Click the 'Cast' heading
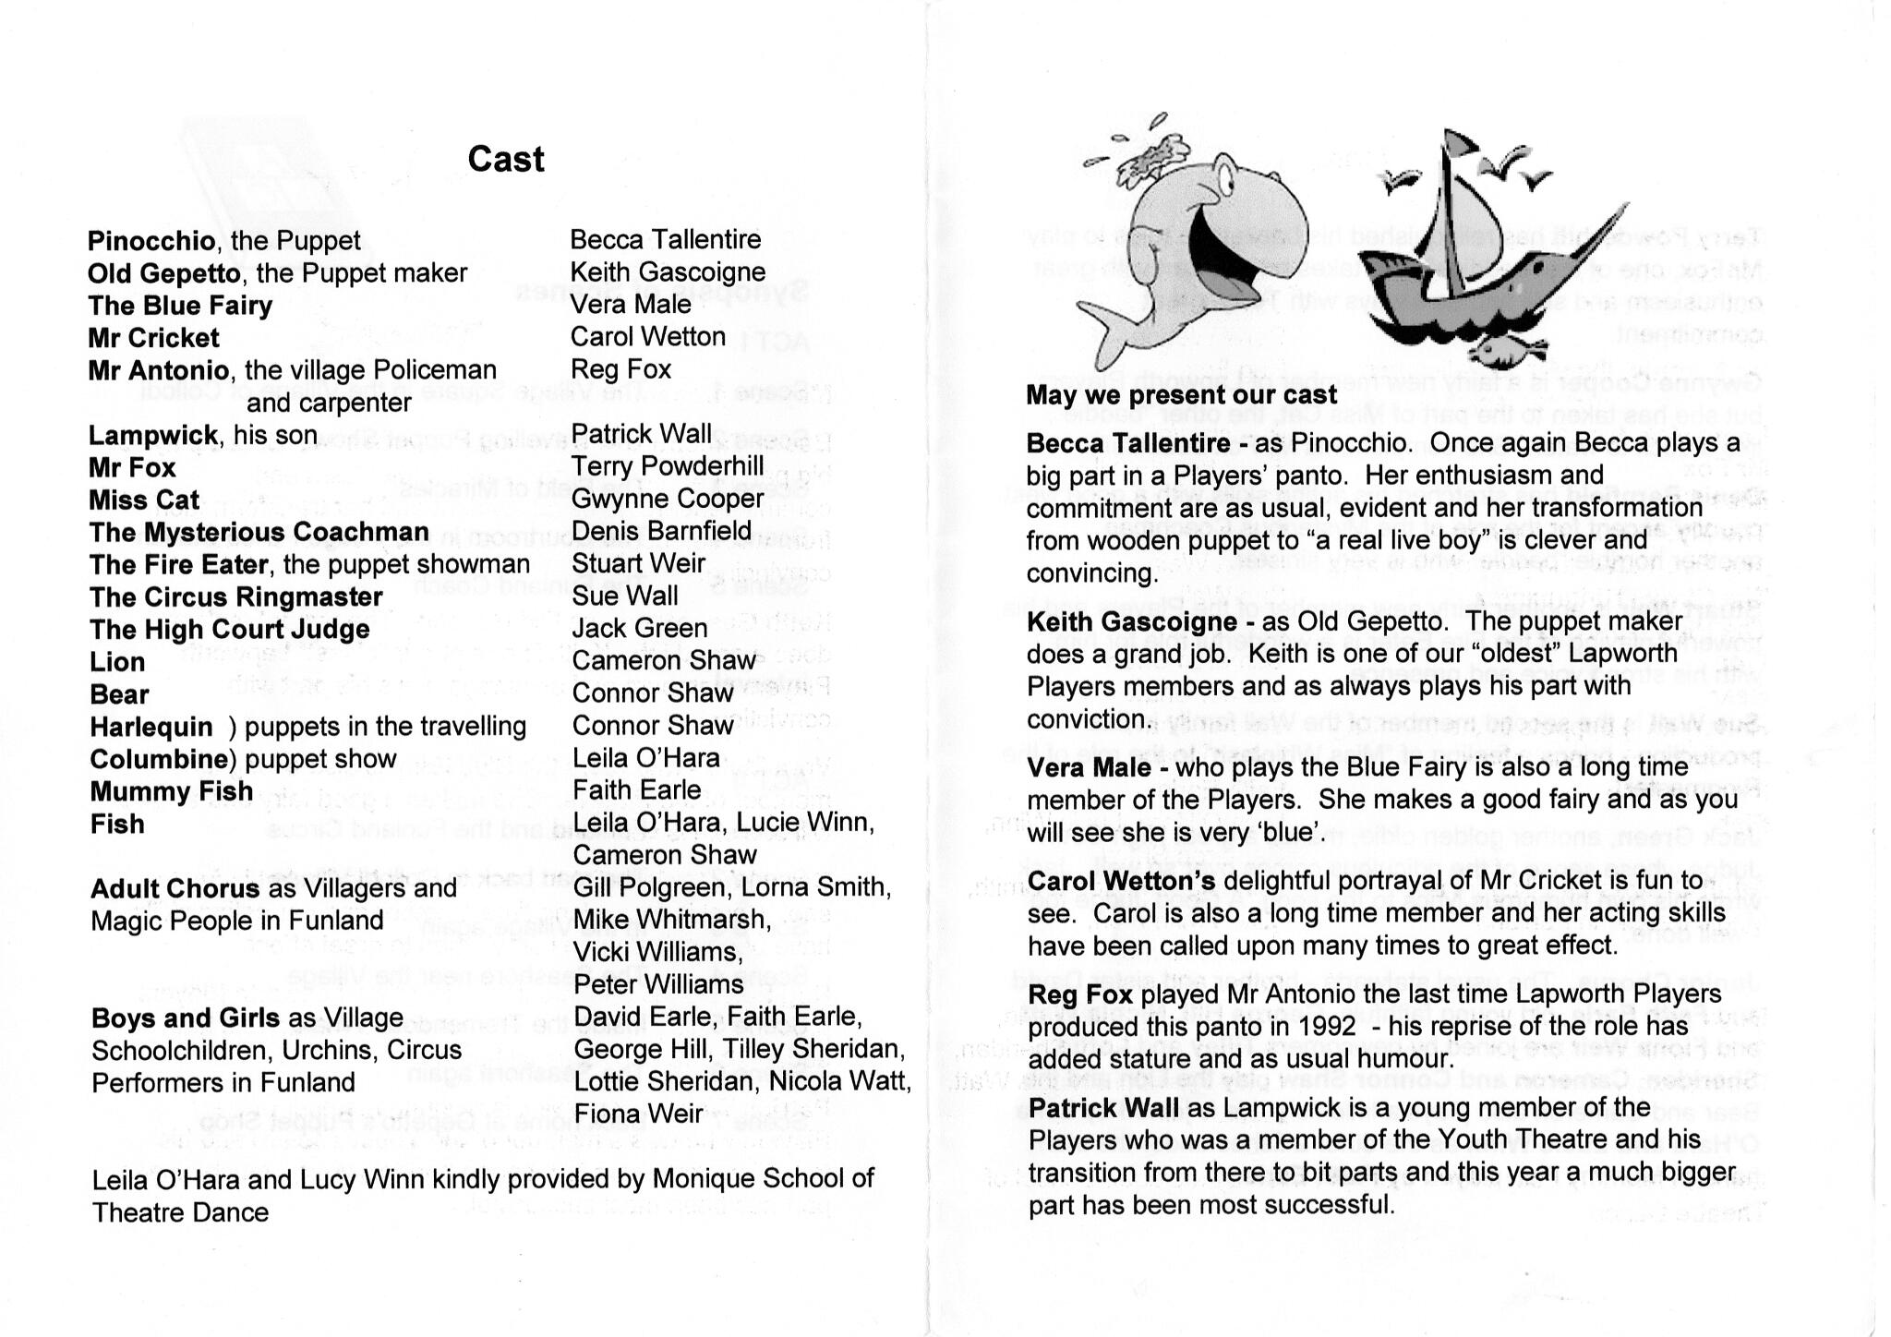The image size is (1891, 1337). [506, 159]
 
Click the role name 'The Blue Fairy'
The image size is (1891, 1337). [180, 306]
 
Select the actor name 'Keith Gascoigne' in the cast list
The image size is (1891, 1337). [668, 272]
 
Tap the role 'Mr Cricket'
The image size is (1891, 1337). [153, 338]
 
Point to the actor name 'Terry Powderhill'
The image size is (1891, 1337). [668, 466]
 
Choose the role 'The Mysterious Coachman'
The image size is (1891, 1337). [259, 533]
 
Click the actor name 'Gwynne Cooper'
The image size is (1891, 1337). [668, 499]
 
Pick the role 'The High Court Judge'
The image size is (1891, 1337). [230, 630]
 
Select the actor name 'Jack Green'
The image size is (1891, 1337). [640, 629]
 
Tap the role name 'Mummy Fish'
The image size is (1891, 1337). [172, 791]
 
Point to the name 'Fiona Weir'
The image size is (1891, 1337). [638, 1114]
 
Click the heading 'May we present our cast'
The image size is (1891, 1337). [1181, 395]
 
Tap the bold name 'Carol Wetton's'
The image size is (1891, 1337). [1122, 882]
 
